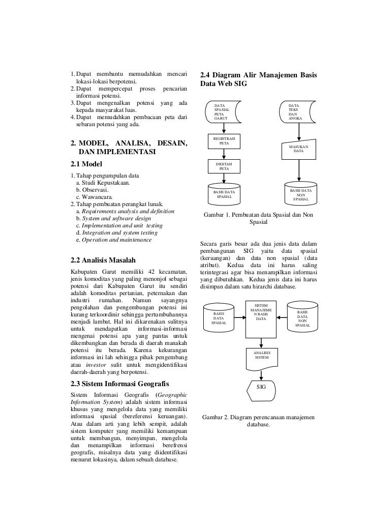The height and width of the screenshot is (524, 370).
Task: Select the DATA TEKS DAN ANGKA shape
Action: [x=298, y=112]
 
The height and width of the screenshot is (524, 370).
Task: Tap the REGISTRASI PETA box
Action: [x=224, y=141]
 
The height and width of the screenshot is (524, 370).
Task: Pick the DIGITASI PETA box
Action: [x=224, y=167]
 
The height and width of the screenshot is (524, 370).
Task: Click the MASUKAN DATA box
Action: [x=298, y=149]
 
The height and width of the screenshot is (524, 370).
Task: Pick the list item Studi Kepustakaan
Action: [x=102, y=183]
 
